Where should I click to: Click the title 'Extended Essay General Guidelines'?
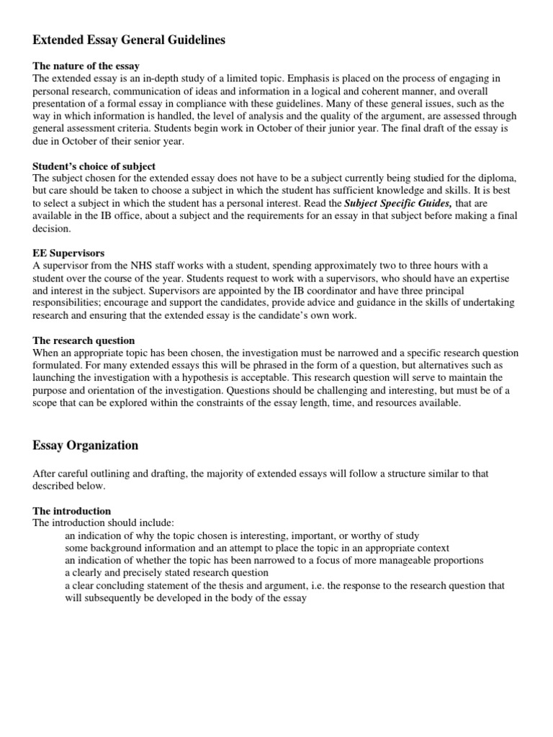click(x=129, y=40)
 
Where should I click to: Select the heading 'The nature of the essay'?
click(x=86, y=66)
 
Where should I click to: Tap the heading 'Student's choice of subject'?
click(x=94, y=166)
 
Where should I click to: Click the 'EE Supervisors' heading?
click(x=69, y=253)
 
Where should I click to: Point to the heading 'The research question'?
click(x=84, y=340)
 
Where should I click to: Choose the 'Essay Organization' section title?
click(x=86, y=446)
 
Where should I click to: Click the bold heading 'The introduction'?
click(x=72, y=511)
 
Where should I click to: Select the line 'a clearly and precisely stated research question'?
click(x=166, y=573)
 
